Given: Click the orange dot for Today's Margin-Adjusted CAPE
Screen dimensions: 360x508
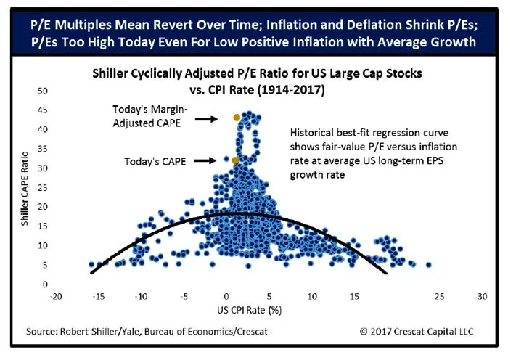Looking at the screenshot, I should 237,117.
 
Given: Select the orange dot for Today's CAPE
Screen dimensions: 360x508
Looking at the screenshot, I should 235,160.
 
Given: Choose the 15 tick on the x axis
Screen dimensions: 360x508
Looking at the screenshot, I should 354,298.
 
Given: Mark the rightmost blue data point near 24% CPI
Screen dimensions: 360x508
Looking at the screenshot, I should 428,265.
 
